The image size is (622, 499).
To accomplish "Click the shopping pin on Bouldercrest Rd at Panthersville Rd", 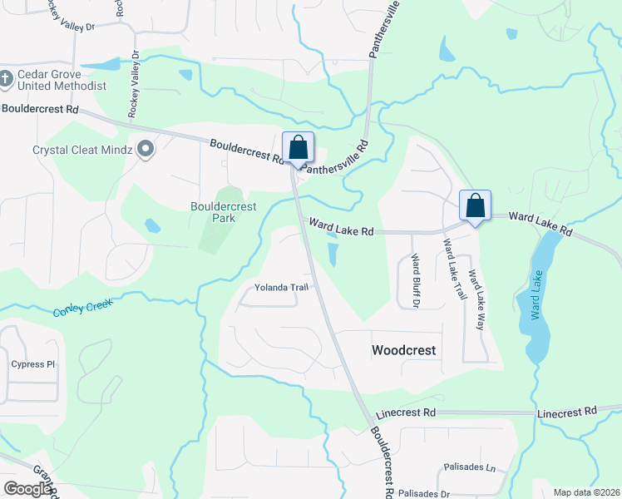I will [298, 148].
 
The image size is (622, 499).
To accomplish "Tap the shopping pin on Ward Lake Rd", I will [475, 205].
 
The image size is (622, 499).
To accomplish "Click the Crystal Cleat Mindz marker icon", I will [146, 150].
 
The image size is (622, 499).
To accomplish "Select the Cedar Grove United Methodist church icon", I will [6, 79].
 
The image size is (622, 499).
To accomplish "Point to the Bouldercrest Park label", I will [224, 212].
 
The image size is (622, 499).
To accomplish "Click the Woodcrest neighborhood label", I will [403, 350].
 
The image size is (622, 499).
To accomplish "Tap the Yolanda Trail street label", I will [281, 288].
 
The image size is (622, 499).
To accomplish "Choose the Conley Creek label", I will [81, 308].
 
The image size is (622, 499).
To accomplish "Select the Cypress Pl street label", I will [32, 364].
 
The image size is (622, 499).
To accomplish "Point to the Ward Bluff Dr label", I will [416, 280].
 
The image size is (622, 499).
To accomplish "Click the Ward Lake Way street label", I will [476, 299].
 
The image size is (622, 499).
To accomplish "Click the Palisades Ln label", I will [469, 467].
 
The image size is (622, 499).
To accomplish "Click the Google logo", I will [27, 489].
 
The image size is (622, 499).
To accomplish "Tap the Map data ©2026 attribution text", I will [585, 492].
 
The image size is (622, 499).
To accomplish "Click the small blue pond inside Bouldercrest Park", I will [152, 225].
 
